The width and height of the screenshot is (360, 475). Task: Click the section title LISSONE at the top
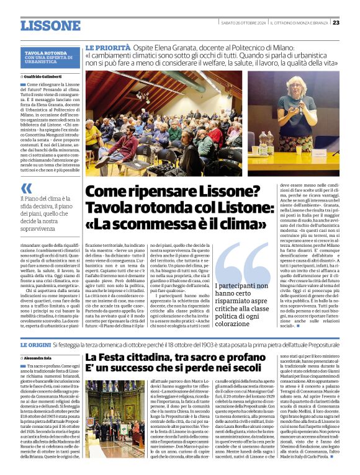[x=50, y=25]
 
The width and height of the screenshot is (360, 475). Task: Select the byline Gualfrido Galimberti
[x=45, y=76]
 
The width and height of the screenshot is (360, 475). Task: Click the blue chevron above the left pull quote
[x=25, y=188]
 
